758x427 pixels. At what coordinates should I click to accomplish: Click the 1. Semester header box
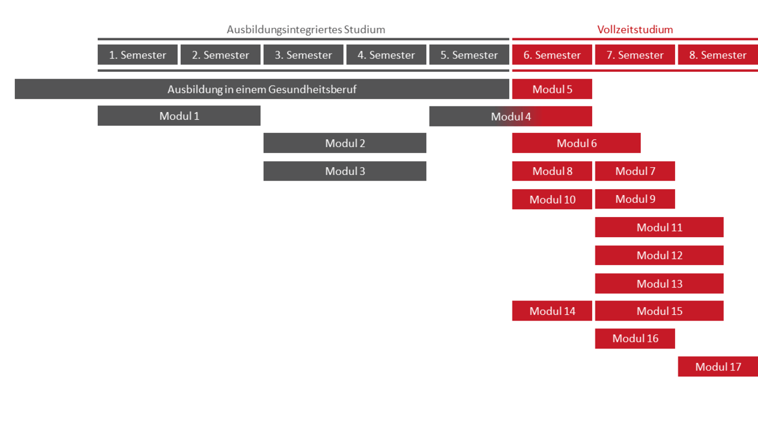click(x=137, y=54)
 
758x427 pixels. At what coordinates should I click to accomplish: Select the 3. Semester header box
click(x=303, y=54)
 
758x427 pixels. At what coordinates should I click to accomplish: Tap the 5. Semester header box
click(x=469, y=54)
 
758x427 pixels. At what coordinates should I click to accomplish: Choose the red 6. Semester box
click(x=552, y=54)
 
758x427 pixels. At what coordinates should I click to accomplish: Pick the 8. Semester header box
click(x=718, y=54)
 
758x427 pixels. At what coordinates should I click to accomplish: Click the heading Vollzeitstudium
click(x=635, y=30)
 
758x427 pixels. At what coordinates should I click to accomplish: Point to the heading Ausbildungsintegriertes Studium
click(x=306, y=30)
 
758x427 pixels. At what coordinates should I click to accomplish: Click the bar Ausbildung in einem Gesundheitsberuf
click(x=262, y=89)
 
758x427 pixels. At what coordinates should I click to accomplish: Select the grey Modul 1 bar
click(x=179, y=116)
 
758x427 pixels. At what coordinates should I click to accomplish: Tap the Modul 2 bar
click(x=345, y=143)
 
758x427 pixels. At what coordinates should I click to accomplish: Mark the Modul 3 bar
click(x=345, y=171)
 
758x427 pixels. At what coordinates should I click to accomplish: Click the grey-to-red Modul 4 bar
click(x=511, y=117)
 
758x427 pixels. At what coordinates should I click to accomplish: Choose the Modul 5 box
click(x=552, y=89)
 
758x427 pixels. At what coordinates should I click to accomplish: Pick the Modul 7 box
click(x=635, y=171)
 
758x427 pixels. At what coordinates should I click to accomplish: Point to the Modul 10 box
click(x=552, y=199)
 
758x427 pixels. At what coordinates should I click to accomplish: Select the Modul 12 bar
click(x=660, y=255)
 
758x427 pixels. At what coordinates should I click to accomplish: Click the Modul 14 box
click(x=552, y=311)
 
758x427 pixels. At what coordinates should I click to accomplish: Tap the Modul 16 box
click(x=635, y=338)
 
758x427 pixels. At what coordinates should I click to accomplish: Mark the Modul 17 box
click(x=718, y=367)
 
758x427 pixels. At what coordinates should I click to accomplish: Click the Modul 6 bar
click(x=576, y=143)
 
